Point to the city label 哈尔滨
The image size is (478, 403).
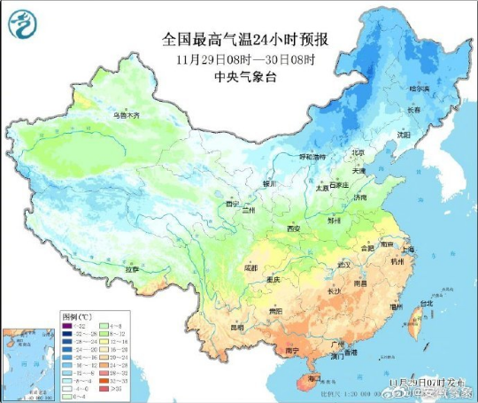pos(418,89)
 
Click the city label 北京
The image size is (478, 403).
pos(358,152)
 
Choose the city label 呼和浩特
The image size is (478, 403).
pos(311,156)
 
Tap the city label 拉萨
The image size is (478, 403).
pos(132,267)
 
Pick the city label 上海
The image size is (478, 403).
pos(406,250)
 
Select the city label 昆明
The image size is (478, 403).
pos(236,327)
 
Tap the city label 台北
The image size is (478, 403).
pos(427,304)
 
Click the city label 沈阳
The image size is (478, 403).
pos(404,136)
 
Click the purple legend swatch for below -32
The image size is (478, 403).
pos(66,326)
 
